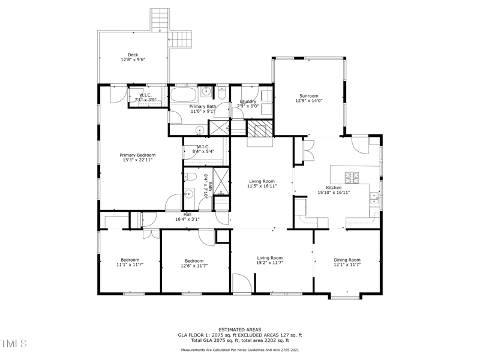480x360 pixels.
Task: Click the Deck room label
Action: pyautogui.click(x=133, y=55)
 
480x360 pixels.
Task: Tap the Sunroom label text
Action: pyautogui.click(x=309, y=96)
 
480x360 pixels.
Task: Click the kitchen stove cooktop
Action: pyautogui.click(x=352, y=177)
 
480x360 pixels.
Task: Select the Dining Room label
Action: pyautogui.click(x=347, y=259)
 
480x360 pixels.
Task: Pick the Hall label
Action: pyautogui.click(x=187, y=214)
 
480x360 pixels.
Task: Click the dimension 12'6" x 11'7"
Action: pyautogui.click(x=194, y=266)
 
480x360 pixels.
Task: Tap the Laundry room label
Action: pyautogui.click(x=248, y=101)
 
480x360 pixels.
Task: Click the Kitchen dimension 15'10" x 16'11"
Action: pyautogui.click(x=334, y=193)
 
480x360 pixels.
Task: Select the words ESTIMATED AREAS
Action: pyautogui.click(x=239, y=330)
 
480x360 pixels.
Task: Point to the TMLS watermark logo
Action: pyautogui.click(x=14, y=344)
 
